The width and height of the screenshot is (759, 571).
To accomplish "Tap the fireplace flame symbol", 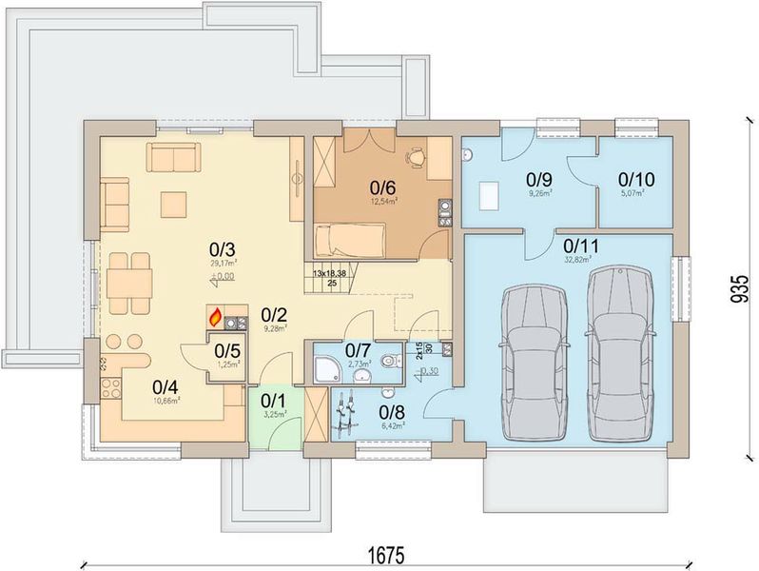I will click(215, 316).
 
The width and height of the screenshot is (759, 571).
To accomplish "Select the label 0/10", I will click(636, 178).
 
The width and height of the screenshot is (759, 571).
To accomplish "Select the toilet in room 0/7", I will click(389, 363).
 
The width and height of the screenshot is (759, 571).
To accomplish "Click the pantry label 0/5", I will click(226, 351).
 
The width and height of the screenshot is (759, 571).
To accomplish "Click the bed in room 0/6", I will click(351, 237).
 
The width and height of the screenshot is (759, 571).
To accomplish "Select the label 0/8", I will click(392, 412).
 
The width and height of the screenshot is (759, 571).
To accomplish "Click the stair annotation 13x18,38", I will click(329, 272).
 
